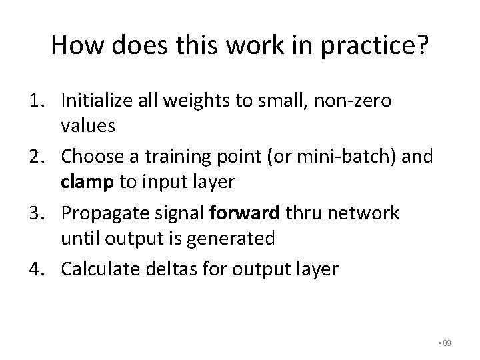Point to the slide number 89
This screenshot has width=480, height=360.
447,343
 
